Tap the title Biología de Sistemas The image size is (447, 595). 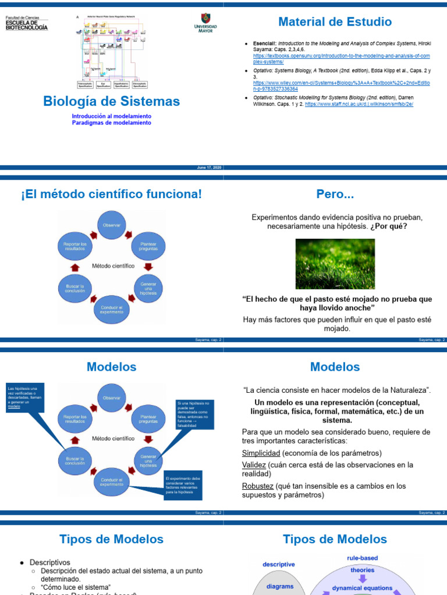pos(112,101)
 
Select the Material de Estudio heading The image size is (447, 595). pos(335,22)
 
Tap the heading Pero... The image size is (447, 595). pos(335,193)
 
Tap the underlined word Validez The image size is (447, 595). pos(254,465)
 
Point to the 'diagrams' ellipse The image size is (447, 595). pos(279,586)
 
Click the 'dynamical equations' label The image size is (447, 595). pos(362,588)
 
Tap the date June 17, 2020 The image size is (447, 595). pos(210,167)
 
